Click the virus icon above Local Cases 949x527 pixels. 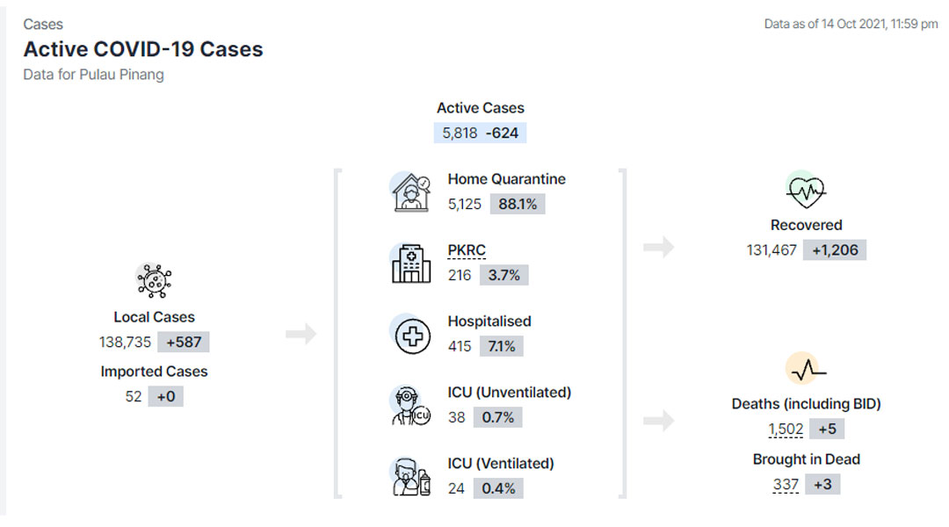click(x=154, y=281)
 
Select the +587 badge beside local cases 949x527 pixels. click(x=184, y=342)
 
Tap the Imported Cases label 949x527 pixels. click(x=154, y=372)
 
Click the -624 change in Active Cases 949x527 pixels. click(x=502, y=134)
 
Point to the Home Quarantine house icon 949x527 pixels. click(x=411, y=192)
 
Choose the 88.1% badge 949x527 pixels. click(x=518, y=204)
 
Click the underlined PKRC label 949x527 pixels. click(x=467, y=250)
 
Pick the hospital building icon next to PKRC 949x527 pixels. click(x=411, y=263)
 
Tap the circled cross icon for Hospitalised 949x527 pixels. click(x=412, y=336)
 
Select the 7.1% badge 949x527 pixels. click(x=501, y=346)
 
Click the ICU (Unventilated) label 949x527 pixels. click(x=509, y=392)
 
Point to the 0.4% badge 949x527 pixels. click(x=498, y=488)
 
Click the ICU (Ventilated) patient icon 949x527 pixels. click(x=411, y=477)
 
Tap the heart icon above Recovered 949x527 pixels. click(x=806, y=190)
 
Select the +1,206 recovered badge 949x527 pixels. click(x=835, y=250)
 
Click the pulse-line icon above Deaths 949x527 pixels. click(x=808, y=369)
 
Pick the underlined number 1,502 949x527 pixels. click(x=786, y=429)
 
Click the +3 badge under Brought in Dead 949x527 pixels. click(x=822, y=485)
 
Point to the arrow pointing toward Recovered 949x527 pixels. click(x=658, y=247)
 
